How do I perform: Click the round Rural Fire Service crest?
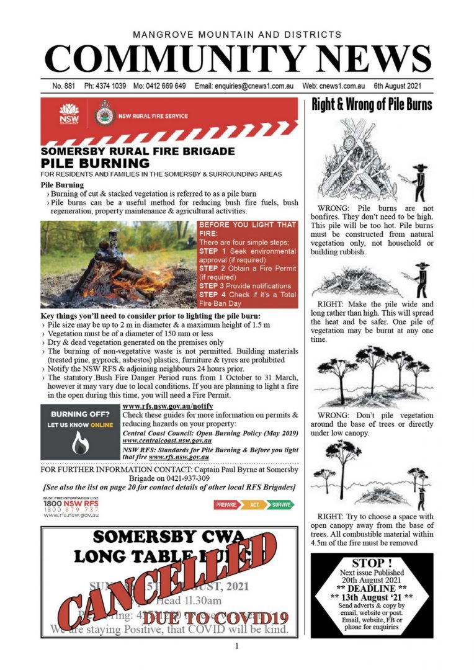pyautogui.click(x=104, y=115)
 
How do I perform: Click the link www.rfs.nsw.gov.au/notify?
pyautogui.click(x=163, y=406)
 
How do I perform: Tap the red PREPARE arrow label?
pyautogui.click(x=226, y=505)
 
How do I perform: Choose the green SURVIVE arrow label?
pyautogui.click(x=282, y=505)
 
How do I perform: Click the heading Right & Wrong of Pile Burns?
pyautogui.click(x=372, y=104)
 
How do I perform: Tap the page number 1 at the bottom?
pyautogui.click(x=236, y=647)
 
